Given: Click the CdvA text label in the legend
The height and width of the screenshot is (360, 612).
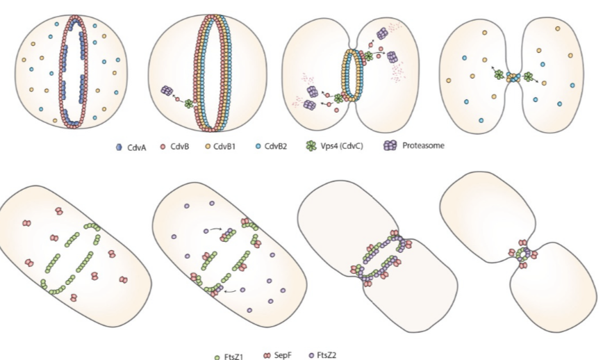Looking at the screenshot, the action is pos(135,147).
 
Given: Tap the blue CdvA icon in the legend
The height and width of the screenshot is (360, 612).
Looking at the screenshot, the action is pos(119,147).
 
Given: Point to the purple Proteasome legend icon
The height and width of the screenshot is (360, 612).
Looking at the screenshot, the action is pos(392,146).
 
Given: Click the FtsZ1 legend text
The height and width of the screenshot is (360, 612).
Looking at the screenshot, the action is pos(233,356).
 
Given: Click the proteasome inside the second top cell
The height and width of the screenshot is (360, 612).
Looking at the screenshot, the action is pos(166,91).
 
